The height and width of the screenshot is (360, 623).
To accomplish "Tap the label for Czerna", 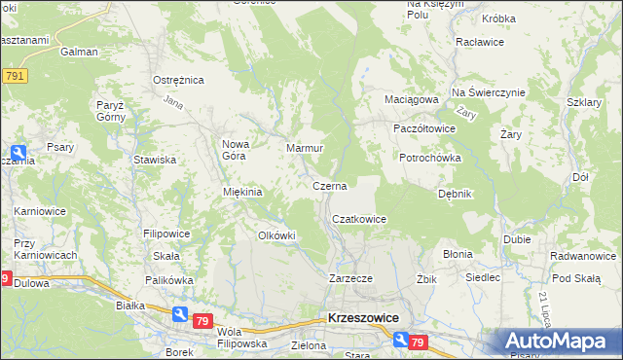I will click(329, 185).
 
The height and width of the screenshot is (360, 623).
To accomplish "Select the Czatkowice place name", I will click(360, 220).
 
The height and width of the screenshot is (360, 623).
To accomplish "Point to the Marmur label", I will click(304, 148).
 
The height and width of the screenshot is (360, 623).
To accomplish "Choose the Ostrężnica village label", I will click(176, 80).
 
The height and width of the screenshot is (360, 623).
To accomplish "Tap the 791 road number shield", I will click(14, 76).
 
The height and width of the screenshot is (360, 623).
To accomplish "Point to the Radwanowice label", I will click(582, 256).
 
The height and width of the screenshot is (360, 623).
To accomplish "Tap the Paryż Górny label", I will click(108, 110).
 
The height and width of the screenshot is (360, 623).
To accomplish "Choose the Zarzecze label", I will click(351, 278).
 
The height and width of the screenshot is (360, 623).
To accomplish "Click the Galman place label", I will click(79, 52).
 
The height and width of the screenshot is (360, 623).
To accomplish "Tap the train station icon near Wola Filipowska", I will click(180, 313).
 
